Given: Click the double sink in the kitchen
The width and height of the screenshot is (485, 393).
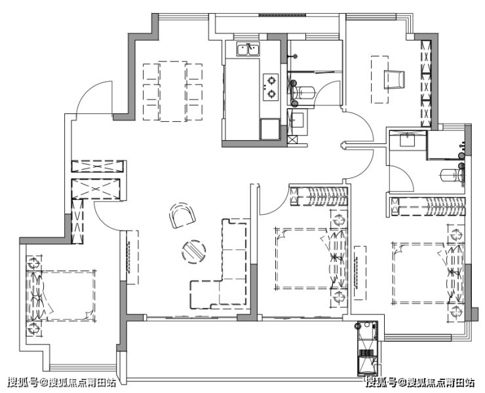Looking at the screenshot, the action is click(248, 49).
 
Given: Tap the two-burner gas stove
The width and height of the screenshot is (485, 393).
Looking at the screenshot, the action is click(271, 87).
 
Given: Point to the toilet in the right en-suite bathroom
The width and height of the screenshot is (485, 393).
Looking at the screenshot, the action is click(452, 176).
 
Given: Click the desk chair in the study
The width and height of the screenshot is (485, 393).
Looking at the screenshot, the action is click(394, 80).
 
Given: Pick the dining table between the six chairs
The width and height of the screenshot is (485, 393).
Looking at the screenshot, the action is click(173, 91).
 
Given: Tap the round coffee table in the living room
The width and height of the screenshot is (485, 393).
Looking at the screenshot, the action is click(193, 252).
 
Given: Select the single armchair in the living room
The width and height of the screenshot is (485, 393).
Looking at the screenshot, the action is click(182, 215).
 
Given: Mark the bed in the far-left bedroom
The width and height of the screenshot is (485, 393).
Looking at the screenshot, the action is click(61, 296).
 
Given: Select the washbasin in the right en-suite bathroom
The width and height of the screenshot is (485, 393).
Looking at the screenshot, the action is click(408, 140).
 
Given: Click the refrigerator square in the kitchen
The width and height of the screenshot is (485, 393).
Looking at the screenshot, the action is click(270, 129).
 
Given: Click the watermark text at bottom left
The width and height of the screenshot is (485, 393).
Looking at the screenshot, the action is click(62, 383).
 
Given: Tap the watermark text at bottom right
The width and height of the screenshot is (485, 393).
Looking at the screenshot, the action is click(420, 383).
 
